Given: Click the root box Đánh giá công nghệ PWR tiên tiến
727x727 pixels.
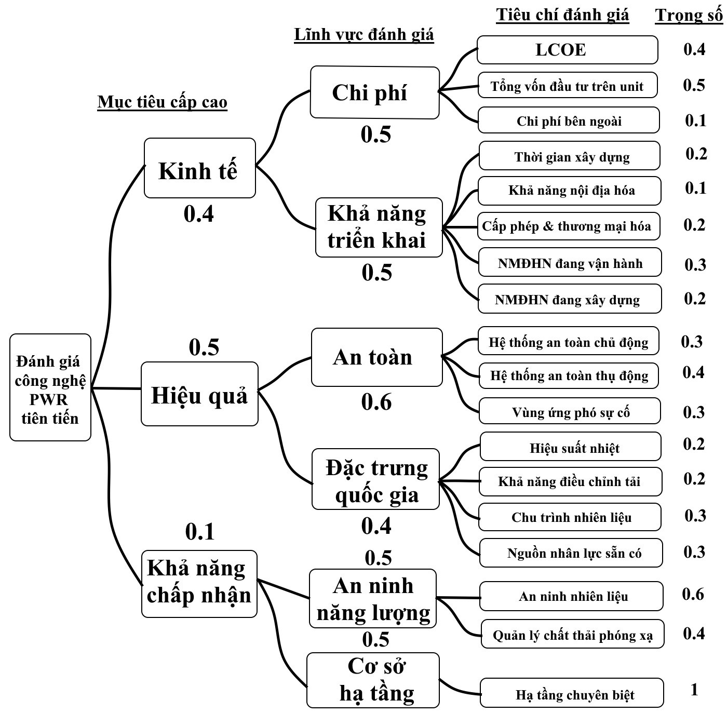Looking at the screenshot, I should [50, 388].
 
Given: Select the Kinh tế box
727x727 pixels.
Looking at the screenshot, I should [199, 168].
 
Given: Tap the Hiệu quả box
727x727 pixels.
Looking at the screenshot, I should [199, 394].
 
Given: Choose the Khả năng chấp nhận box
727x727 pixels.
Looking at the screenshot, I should [199, 584].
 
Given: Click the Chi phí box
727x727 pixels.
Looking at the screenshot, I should [374, 92].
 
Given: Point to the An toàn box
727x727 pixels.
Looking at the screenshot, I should [376, 357].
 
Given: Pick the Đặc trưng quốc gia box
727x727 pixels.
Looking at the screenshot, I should [375, 479].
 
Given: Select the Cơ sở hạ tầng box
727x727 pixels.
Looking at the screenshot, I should [373, 680].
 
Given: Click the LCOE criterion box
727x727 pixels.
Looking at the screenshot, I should [567, 50].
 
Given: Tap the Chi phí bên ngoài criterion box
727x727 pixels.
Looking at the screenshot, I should [569, 120].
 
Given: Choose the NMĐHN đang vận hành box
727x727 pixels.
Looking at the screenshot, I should [570, 263].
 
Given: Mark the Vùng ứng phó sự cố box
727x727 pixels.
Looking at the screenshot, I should [570, 412].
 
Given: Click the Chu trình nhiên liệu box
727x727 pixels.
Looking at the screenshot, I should [570, 517].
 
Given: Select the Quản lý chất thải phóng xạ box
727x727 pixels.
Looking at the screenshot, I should [572, 635].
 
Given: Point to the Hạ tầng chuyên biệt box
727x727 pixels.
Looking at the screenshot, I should [572, 693].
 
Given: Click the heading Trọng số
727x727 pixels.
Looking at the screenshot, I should [689, 15].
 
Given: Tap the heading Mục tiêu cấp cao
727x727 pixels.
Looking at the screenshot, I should [162, 102].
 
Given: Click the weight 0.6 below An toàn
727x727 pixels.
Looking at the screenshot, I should [376, 402].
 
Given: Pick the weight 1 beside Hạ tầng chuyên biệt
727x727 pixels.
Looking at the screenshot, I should [694, 690].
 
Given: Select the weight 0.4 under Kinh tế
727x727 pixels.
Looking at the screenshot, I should [199, 213].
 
